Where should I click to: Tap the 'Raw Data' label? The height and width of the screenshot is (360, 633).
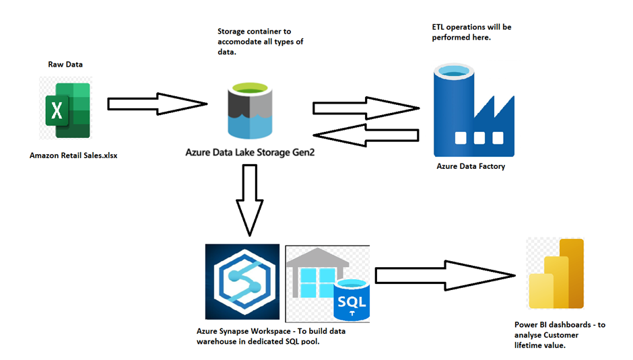coord(65,65)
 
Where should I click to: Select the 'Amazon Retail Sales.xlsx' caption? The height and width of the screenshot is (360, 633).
coord(73,155)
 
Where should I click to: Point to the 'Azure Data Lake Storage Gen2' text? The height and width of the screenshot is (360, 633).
coord(250,153)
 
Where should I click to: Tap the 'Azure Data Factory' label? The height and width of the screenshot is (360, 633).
coord(470,166)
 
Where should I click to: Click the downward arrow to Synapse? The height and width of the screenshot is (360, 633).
coord(250,199)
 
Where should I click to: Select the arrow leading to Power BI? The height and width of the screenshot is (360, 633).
coord(444,274)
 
